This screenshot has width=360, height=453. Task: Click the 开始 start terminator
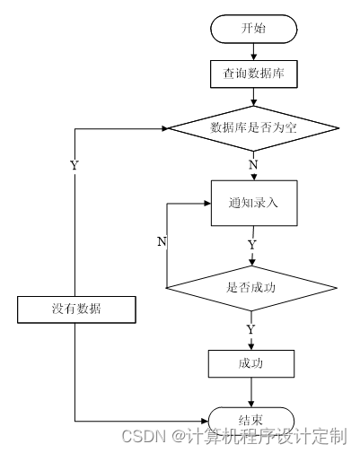click(x=253, y=29)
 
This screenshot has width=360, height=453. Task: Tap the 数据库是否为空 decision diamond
click(x=253, y=128)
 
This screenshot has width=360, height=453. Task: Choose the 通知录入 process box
click(x=253, y=202)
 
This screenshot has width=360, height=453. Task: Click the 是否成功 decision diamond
click(x=253, y=288)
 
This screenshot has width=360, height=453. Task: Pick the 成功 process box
click(x=252, y=363)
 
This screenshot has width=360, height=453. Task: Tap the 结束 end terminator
click(x=252, y=419)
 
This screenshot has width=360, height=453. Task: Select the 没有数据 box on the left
click(x=75, y=309)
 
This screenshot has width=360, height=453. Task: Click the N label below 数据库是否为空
click(x=253, y=165)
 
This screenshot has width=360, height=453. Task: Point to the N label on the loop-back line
click(x=162, y=241)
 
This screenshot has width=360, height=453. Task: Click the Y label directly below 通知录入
click(x=252, y=243)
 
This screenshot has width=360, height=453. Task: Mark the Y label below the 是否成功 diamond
click(x=252, y=329)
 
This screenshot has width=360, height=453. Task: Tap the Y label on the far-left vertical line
click(x=74, y=165)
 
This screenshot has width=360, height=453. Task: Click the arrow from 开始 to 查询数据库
click(x=253, y=50)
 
